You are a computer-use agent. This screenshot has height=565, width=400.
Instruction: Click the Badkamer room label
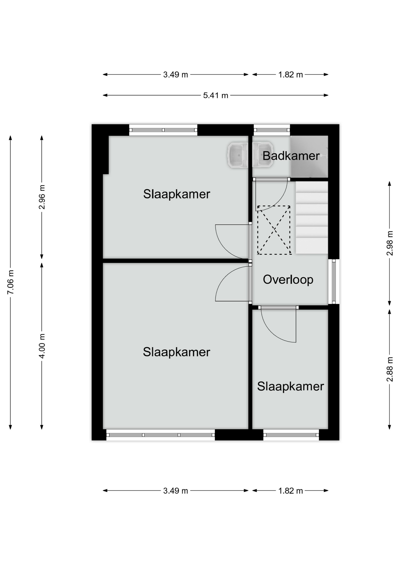[x=291, y=156]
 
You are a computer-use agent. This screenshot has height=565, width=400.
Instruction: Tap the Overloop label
[x=288, y=280]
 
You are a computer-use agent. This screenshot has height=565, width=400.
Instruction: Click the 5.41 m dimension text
[x=216, y=95]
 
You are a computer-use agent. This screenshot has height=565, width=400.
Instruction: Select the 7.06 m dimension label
[x=10, y=282]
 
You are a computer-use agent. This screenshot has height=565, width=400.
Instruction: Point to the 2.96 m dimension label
[x=42, y=197]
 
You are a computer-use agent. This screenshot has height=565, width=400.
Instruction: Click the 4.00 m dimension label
[x=42, y=346]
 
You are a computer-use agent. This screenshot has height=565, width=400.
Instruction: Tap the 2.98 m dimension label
[x=390, y=243]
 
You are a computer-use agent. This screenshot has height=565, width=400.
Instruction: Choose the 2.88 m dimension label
[x=390, y=369]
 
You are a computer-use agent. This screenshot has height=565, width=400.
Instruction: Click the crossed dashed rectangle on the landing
[x=274, y=230]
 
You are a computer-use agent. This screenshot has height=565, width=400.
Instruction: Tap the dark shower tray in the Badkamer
[x=309, y=157]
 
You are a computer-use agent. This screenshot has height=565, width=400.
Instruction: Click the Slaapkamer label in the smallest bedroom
[x=290, y=386]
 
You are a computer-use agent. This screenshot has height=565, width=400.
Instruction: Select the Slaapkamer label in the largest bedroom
[x=176, y=352]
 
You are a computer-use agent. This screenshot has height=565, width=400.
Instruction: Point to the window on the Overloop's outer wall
[x=334, y=282]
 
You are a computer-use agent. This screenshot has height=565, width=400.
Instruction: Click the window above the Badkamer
[x=272, y=130]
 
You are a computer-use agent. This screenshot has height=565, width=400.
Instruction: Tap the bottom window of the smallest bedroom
[x=291, y=435]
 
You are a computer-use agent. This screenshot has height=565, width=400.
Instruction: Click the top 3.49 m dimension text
[x=176, y=75]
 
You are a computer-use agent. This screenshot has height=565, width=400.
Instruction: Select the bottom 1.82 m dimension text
[x=291, y=491]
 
